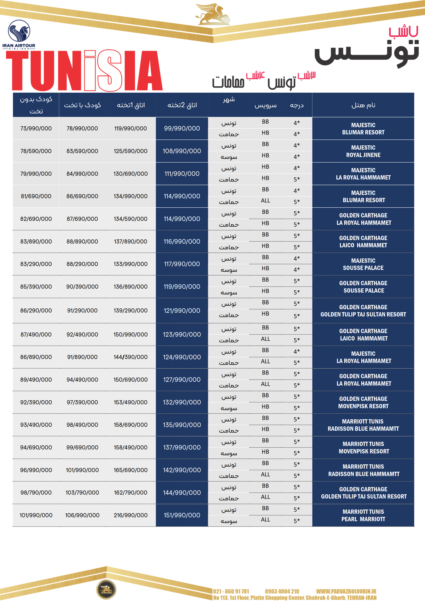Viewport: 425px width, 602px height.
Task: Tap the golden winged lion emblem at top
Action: tap(213, 14)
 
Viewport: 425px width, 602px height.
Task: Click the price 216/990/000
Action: tap(130, 515)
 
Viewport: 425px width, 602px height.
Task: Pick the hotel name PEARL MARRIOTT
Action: tap(363, 519)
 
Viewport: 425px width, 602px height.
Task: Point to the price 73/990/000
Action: tap(36, 129)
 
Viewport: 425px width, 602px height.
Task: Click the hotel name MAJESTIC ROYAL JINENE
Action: tap(363, 151)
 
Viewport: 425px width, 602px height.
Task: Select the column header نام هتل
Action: tap(363, 105)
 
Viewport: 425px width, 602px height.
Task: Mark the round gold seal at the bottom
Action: tap(106, 590)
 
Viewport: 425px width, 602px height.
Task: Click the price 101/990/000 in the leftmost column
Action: tap(36, 515)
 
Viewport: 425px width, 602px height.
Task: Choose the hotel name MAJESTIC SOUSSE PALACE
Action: tap(363, 264)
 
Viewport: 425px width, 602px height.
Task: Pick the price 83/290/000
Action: tap(36, 264)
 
